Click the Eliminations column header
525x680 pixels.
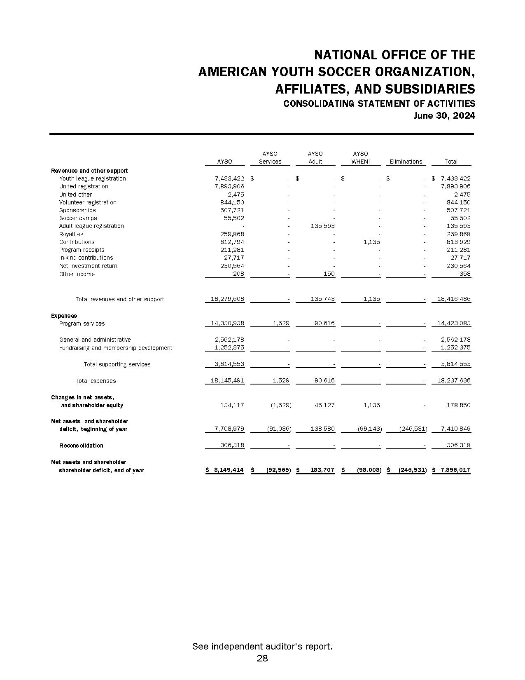[x=406, y=162]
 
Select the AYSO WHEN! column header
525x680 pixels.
[x=360, y=158]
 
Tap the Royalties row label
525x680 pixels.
[x=71, y=234]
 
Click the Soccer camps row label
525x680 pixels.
[x=78, y=218]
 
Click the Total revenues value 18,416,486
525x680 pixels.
[x=453, y=299]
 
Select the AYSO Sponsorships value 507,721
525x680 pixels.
[x=232, y=210]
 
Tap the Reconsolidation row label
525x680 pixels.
[x=81, y=446]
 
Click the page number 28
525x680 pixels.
[x=262, y=658]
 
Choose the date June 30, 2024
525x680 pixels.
[x=444, y=116]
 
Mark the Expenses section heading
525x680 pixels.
[x=64, y=316]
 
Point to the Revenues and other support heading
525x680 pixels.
[x=89, y=171]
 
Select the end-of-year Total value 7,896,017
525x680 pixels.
[x=453, y=470]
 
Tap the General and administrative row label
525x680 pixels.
[x=95, y=340]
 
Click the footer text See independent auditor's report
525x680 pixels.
[x=262, y=647]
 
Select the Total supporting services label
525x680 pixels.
[x=117, y=364]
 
